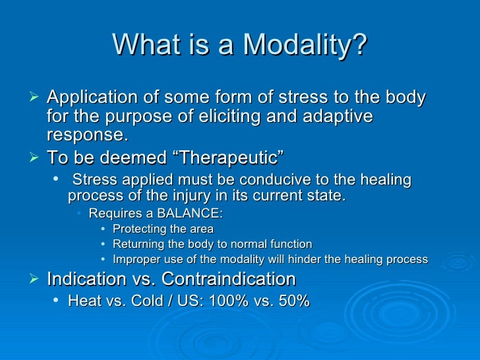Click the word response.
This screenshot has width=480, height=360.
[86, 135]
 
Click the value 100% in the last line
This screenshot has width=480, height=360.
[230, 301]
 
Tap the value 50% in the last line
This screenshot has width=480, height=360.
[293, 301]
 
